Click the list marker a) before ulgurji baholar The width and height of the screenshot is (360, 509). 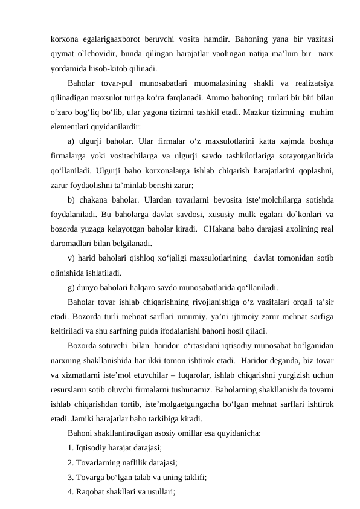pyautogui.click(x=72, y=141)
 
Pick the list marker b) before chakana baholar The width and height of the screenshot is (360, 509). pyautogui.click(x=72, y=200)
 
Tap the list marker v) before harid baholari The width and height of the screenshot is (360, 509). pyautogui.click(x=72, y=259)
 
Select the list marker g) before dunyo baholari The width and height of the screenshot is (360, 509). pyautogui.click(x=72, y=288)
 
